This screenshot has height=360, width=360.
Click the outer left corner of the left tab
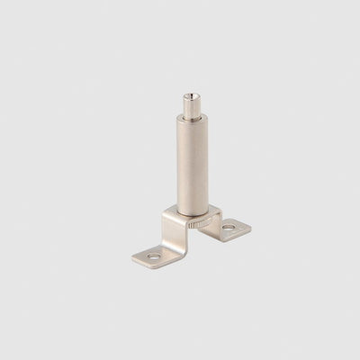click(131, 261)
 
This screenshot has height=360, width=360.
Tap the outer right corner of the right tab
click(250, 224)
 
